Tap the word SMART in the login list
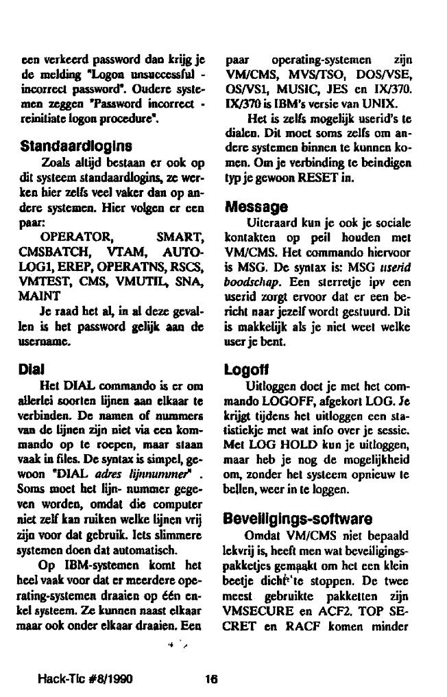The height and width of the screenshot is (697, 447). [182, 237]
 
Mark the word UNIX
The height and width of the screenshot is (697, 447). [377, 104]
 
